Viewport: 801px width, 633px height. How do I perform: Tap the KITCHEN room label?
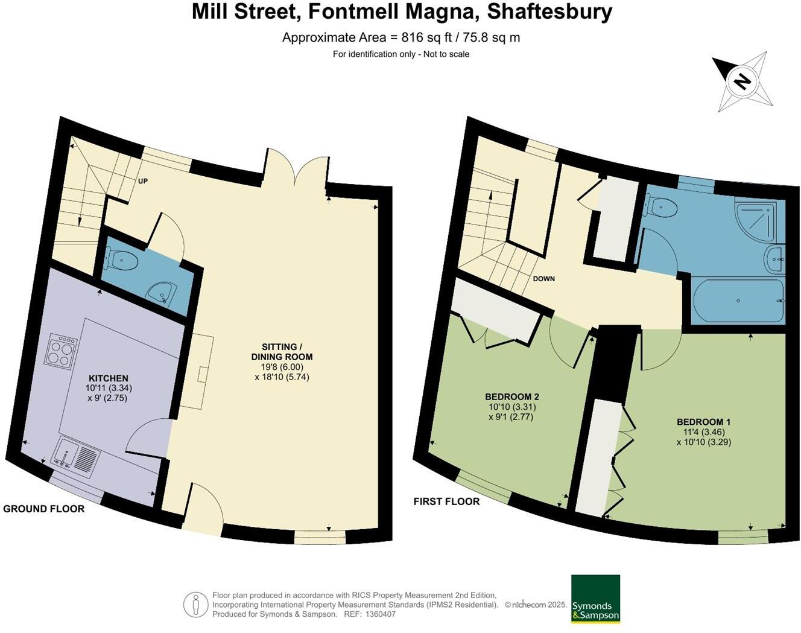[x=109, y=378]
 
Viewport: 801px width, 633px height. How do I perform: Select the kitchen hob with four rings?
[x=60, y=351]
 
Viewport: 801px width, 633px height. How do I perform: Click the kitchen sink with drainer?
[x=77, y=456]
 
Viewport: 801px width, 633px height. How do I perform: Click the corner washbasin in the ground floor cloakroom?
[x=162, y=294]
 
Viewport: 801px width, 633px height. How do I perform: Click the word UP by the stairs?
[x=143, y=181]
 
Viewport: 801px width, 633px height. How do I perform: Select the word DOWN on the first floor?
[x=543, y=279]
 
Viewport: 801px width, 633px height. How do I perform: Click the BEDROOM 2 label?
[x=511, y=396]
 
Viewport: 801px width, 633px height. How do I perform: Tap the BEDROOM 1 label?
[x=703, y=422]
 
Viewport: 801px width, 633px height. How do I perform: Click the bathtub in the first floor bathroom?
[x=738, y=300]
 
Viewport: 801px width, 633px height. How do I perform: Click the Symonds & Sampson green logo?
[x=595, y=599]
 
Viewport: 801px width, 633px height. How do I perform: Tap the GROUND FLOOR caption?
[x=43, y=509]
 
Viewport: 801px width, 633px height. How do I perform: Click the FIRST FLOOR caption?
[x=446, y=501]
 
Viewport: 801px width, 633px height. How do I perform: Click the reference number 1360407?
[x=378, y=614]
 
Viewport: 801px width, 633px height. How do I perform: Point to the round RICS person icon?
[x=195, y=605]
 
